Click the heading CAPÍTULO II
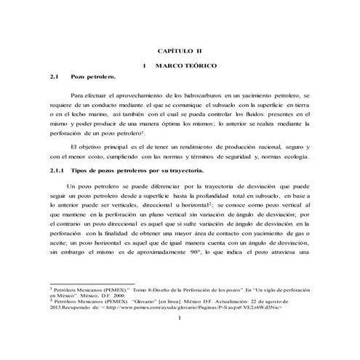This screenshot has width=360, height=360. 180,51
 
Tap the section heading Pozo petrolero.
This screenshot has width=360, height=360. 92,76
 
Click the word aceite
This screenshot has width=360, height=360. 58,242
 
